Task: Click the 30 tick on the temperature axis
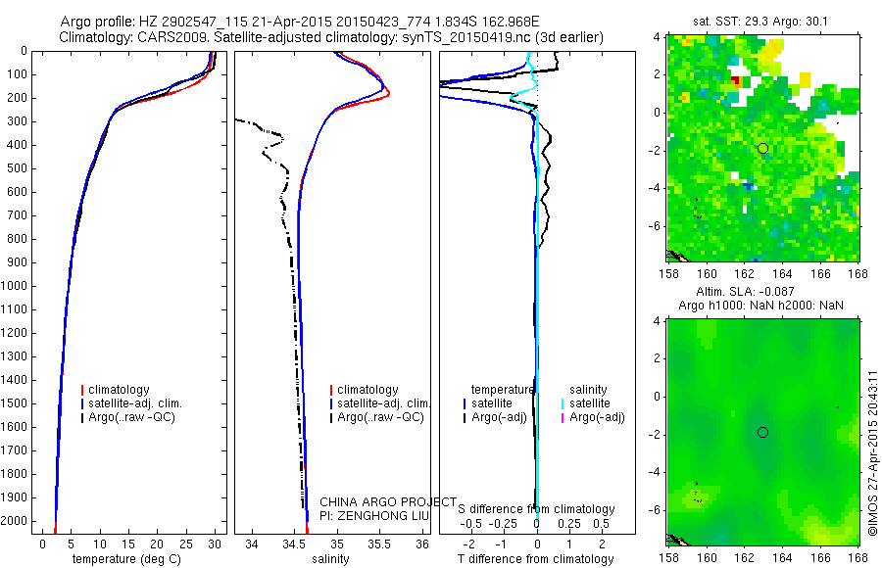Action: pyautogui.click(x=216, y=544)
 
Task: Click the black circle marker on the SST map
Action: pyautogui.click(x=762, y=148)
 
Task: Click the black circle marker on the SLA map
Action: pyautogui.click(x=762, y=432)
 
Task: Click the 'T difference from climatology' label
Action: pyautogui.click(x=537, y=559)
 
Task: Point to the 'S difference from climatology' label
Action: pyautogui.click(x=537, y=509)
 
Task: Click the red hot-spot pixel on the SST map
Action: pyautogui.click(x=735, y=83)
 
